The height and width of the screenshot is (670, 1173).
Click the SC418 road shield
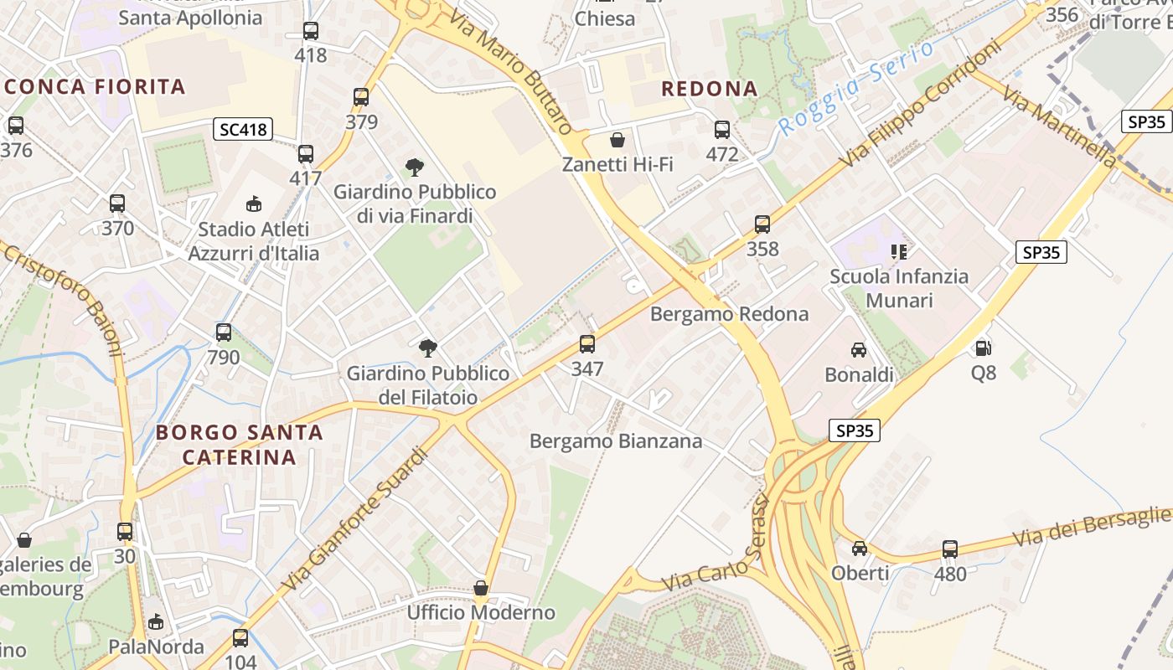click(243, 129)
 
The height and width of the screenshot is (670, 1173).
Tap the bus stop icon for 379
click(361, 97)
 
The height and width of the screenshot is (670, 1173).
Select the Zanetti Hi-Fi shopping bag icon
click(618, 139)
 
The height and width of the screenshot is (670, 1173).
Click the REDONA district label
click(710, 89)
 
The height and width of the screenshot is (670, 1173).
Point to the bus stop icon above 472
click(722, 130)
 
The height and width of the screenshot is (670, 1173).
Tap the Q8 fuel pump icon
click(984, 348)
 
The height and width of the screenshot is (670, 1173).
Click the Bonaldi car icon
click(859, 350)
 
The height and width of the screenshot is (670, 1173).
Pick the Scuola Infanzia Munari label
click(899, 288)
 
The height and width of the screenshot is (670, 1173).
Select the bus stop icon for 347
click(587, 343)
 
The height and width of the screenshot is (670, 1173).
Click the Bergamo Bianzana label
click(616, 441)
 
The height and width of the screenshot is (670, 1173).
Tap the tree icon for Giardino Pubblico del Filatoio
click(428, 348)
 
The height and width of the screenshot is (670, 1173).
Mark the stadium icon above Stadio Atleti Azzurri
click(253, 204)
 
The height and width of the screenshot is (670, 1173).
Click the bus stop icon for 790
click(224, 332)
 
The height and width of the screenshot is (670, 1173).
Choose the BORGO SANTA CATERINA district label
click(240, 445)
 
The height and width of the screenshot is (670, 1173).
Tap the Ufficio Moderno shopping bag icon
click(481, 588)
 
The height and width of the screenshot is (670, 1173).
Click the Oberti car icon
click(860, 549)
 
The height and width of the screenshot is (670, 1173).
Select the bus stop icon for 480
click(950, 549)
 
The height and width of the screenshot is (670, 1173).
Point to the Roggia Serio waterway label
click(855, 89)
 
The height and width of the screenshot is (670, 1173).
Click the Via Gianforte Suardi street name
click(355, 519)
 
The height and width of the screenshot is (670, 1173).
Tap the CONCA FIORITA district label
click(94, 86)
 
